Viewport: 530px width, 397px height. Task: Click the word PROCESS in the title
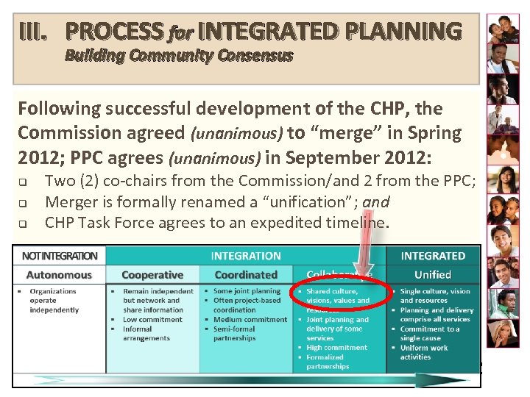(115, 32)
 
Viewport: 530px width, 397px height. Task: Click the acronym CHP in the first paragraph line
(390, 110)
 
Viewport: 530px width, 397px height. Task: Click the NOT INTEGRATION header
(60, 256)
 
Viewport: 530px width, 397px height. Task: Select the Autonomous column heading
(59, 275)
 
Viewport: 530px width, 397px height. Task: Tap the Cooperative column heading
(152, 275)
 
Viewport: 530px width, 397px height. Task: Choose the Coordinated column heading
(245, 275)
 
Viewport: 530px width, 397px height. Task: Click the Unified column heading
(432, 275)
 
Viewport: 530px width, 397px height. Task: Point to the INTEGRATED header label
(432, 256)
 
